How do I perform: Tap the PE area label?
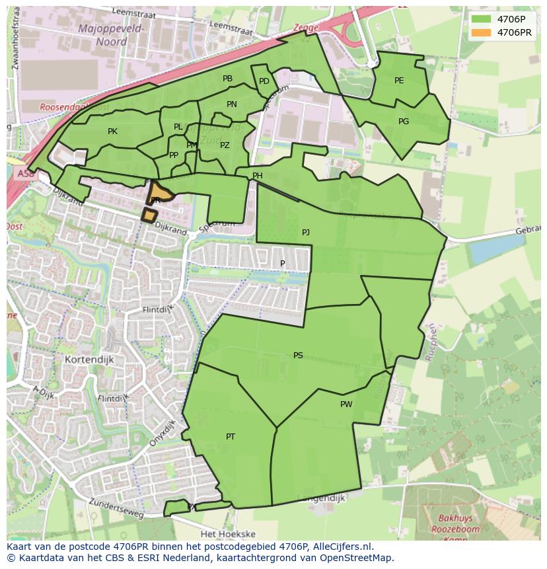click(399, 81)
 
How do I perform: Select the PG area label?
click(404, 122)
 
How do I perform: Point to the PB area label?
click(227, 79)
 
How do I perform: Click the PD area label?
click(264, 81)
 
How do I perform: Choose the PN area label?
click(231, 104)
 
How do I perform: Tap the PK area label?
click(112, 132)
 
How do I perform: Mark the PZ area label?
click(225, 145)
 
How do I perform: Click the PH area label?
click(258, 176)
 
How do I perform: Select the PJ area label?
click(305, 233)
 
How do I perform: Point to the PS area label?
click(298, 356)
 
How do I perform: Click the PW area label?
click(346, 404)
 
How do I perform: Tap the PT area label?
click(231, 436)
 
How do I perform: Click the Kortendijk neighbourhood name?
click(90, 360)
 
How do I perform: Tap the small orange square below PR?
click(150, 215)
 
